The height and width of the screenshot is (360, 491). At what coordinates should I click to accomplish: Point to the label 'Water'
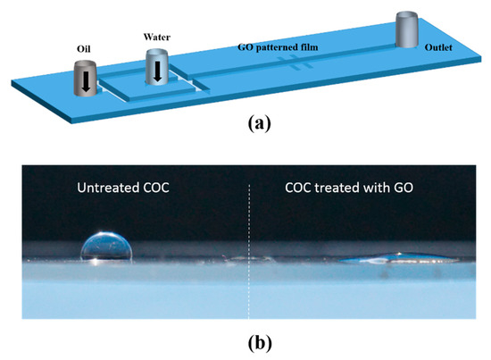[156, 38]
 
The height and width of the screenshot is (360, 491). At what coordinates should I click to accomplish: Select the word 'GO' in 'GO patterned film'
[245, 46]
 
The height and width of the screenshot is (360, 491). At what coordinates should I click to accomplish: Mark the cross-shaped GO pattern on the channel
[292, 61]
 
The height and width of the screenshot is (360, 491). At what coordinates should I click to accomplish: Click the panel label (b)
[247, 339]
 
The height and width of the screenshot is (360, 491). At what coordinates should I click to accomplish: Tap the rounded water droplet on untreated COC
[106, 247]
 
